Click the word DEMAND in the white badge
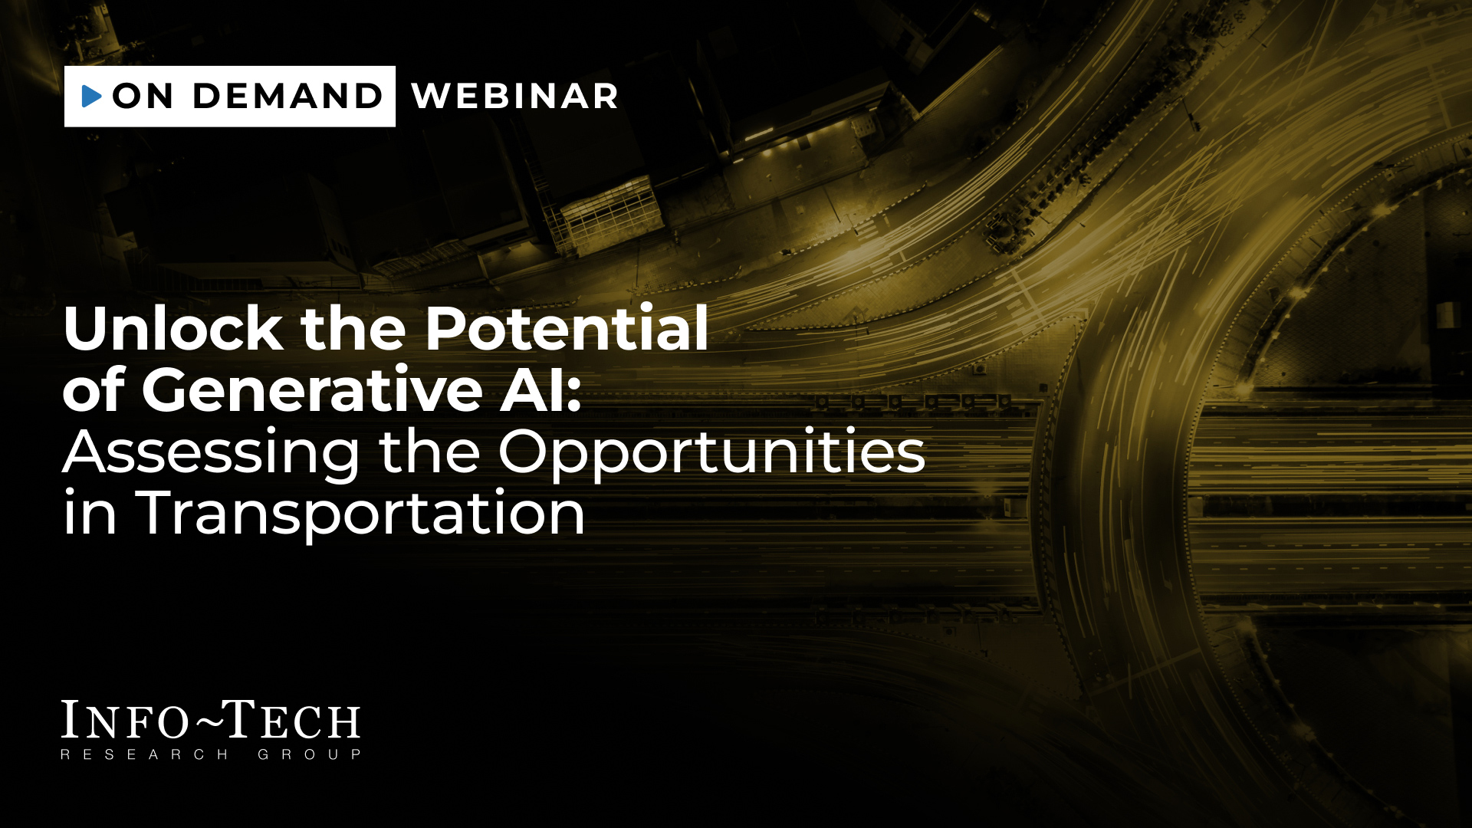(x=287, y=96)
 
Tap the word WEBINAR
(x=514, y=96)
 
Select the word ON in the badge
(x=143, y=96)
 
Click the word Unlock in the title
(x=173, y=328)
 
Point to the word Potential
(x=567, y=328)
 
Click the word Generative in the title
(x=312, y=389)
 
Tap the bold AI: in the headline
(x=541, y=389)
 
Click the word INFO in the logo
(x=125, y=720)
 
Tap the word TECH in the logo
(x=292, y=720)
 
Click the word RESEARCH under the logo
(x=144, y=754)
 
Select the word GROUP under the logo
(x=309, y=754)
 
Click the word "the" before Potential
(x=353, y=328)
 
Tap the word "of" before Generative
(x=94, y=389)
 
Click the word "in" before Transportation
(x=90, y=512)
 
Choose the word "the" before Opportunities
(x=429, y=452)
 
